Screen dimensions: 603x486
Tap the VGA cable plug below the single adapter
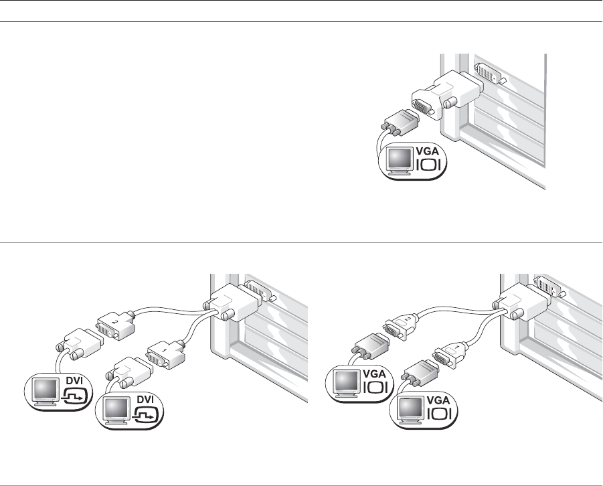pyautogui.click(x=400, y=123)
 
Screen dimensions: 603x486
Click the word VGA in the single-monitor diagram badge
pyautogui.click(x=427, y=151)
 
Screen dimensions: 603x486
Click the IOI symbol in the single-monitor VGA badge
pyautogui.click(x=428, y=165)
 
